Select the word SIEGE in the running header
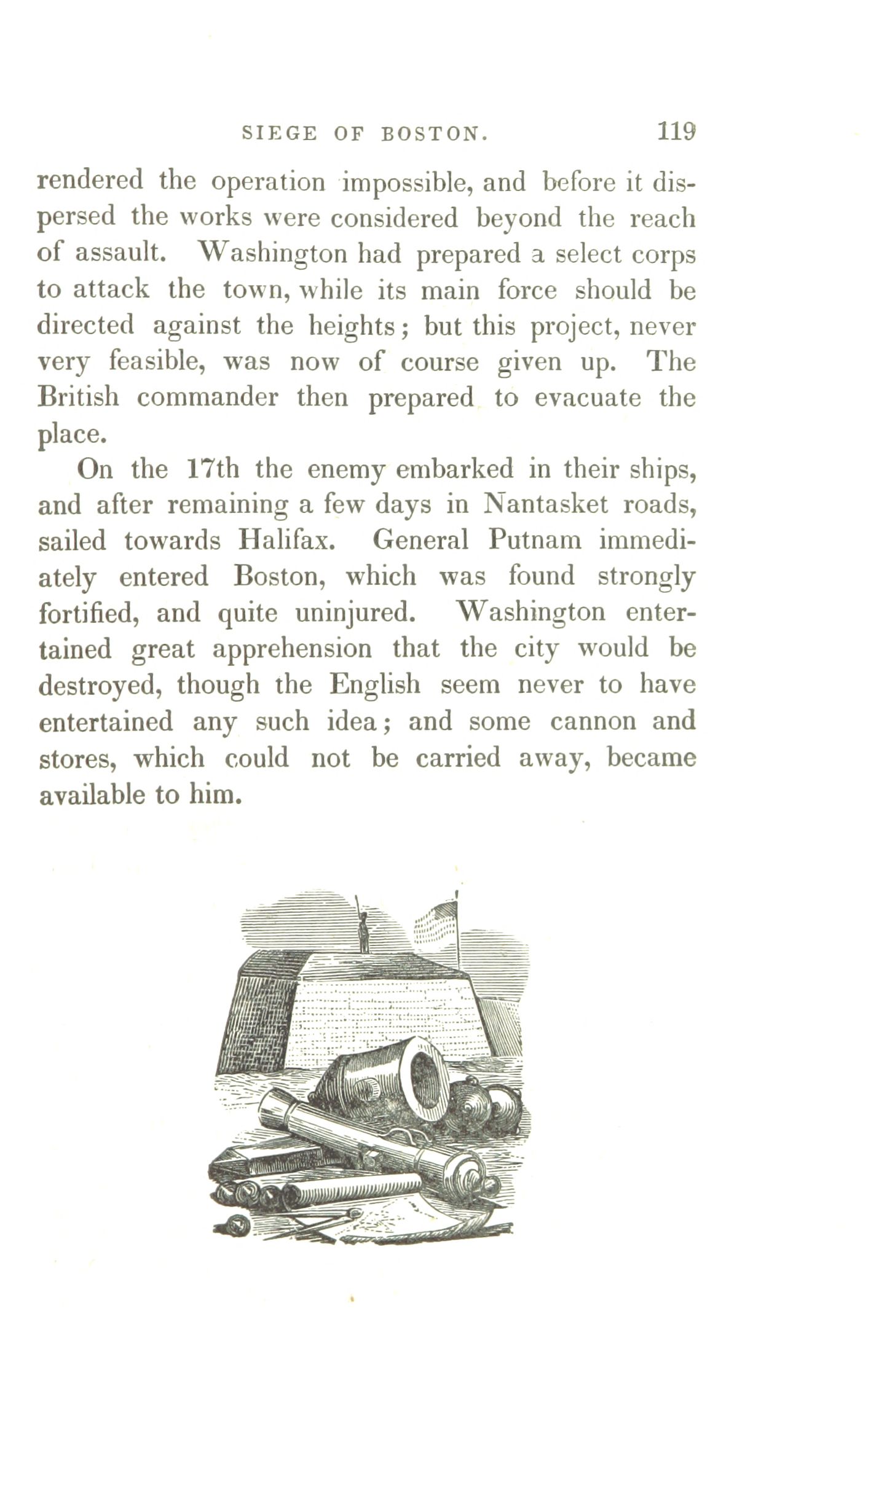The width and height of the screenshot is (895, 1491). pos(280,133)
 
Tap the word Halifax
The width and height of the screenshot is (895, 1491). pos(287,541)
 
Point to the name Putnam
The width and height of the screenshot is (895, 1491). pos(534,540)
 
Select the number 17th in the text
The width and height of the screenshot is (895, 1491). pos(211,469)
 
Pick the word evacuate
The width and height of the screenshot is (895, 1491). pos(587,398)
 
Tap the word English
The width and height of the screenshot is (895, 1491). pos(375,684)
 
